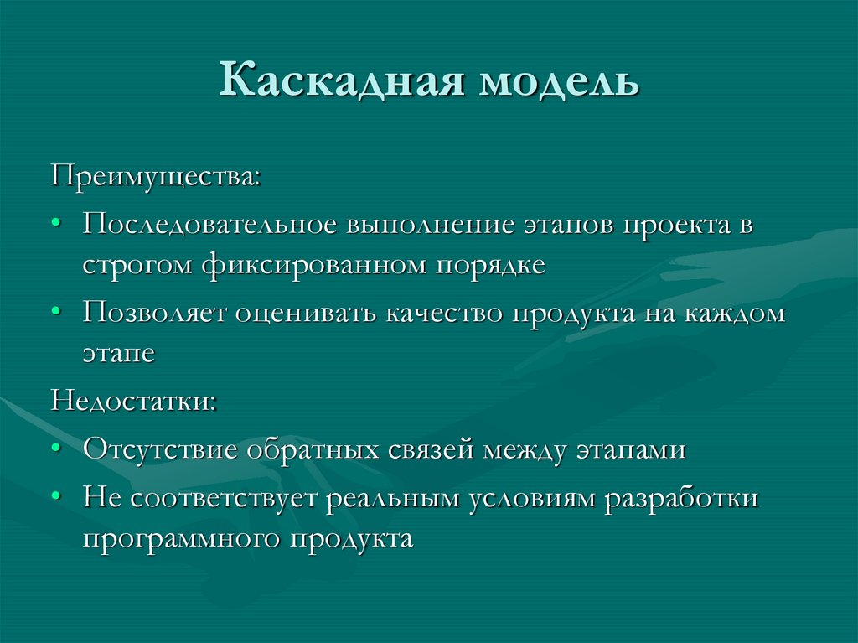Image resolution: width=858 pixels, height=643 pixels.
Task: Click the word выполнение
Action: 430,226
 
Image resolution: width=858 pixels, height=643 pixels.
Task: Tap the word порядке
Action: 489,265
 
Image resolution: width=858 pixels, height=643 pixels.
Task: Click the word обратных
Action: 313,449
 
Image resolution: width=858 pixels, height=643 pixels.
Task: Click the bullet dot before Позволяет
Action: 55,312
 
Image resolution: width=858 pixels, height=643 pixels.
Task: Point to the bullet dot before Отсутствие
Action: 55,448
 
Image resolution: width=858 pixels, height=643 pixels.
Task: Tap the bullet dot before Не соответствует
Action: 55,496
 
